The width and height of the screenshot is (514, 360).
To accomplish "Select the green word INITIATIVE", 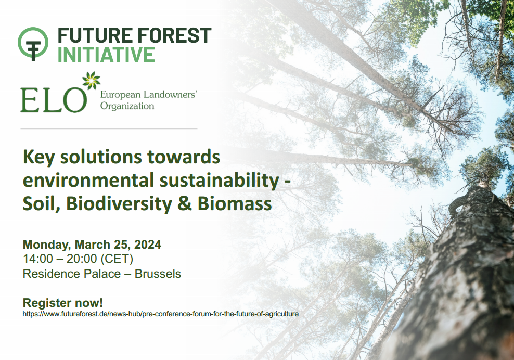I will (106, 55).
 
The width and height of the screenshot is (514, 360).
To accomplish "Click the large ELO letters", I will (54, 99).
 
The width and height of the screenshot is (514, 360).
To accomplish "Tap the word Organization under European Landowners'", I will (127, 106).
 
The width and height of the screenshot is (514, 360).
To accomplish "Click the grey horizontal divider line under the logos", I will (109, 128).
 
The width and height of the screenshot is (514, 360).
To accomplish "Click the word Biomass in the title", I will (235, 204).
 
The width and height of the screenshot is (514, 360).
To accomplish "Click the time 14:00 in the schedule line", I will (38, 259).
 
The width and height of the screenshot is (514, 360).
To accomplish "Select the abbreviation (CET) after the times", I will (117, 259).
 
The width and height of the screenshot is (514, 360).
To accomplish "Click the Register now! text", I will (63, 302).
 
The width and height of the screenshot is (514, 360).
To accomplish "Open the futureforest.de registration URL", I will (161, 314).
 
